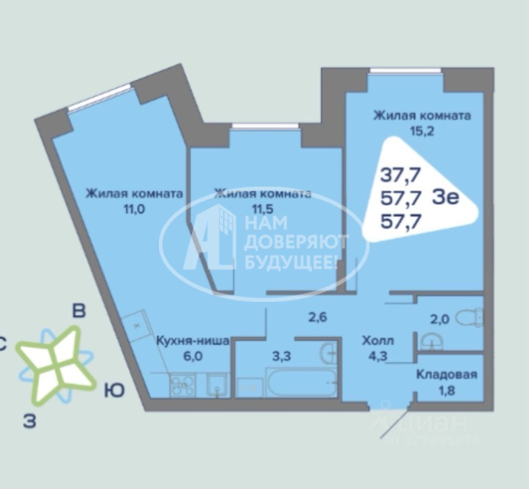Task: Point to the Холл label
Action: [378, 341]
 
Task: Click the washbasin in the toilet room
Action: [431, 342]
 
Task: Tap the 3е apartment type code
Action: [445, 197]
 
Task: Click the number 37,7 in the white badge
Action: [401, 176]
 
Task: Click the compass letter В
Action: [79, 311]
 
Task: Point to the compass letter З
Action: [30, 422]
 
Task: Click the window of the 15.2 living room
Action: [405, 71]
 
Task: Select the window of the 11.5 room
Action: [265, 126]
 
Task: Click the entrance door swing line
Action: [395, 421]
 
